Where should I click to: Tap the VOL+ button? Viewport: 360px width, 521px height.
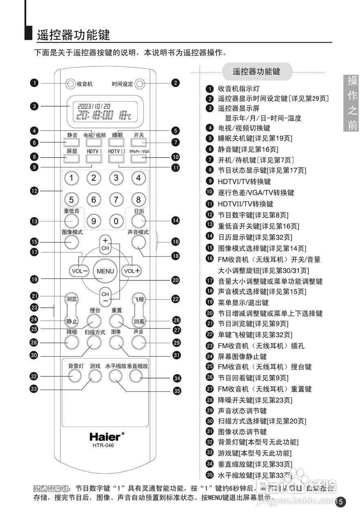(x=132, y=271)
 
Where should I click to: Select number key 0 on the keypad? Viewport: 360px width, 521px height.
(x=116, y=221)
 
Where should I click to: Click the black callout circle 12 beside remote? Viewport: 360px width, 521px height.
(x=34, y=190)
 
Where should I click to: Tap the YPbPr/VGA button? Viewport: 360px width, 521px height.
(x=138, y=157)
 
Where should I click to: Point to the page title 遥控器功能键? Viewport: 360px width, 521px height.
(x=74, y=35)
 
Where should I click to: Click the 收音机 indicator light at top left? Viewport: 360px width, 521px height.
(x=70, y=84)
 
